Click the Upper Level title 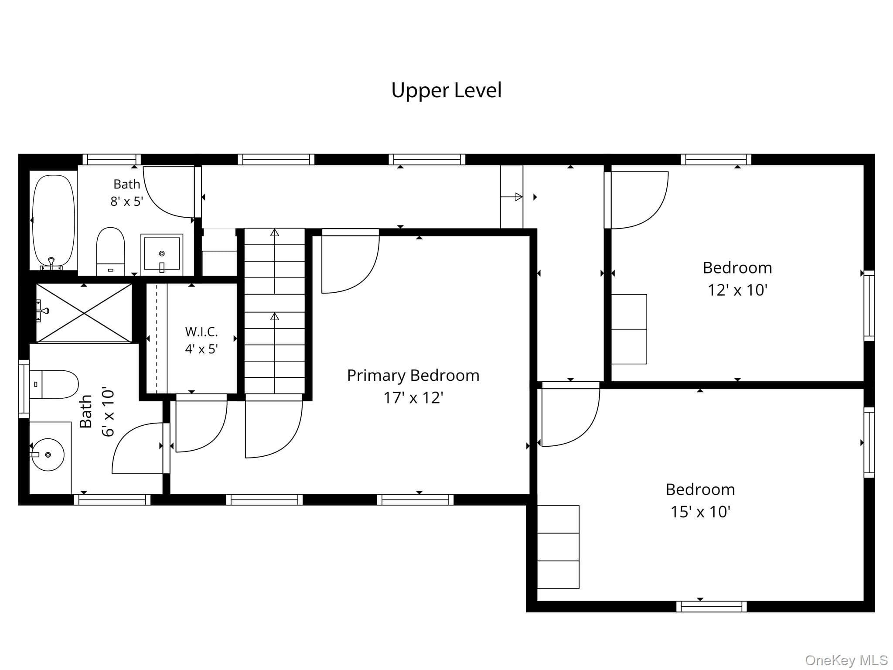point(446,90)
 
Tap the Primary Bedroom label point(413,376)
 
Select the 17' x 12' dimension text point(413,398)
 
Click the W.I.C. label point(201,332)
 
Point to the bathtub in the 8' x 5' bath point(54,221)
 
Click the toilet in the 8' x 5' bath point(111,251)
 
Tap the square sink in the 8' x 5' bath point(162,253)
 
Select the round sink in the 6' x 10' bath point(48,455)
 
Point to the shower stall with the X point(84,313)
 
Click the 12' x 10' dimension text point(737,290)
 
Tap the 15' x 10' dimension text point(700,512)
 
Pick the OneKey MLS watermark point(846,660)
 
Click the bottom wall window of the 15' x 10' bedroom point(711,606)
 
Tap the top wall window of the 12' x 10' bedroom point(716,159)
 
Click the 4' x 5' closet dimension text point(201,349)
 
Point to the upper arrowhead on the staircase point(274,232)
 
